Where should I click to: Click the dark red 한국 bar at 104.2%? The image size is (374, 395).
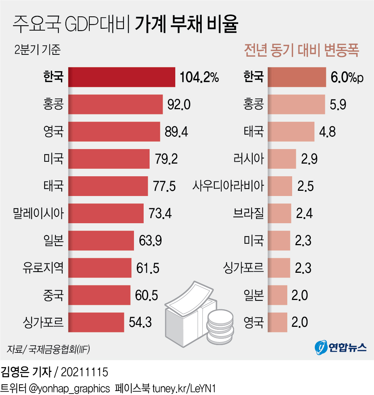tap(122, 77)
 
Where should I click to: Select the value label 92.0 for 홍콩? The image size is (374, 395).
tap(179, 105)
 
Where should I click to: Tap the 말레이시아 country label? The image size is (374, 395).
tap(38, 214)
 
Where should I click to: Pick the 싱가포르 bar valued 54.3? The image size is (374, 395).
tap(96, 322)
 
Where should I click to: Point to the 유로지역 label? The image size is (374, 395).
tap(43, 268)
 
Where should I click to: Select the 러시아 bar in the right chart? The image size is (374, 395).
tap(282, 159)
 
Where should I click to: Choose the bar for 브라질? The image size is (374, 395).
tap(279, 214)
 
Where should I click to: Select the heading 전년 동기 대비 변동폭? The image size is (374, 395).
tap(301, 51)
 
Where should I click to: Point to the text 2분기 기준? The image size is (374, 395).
tap(37, 50)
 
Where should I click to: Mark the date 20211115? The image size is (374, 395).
tap(84, 372)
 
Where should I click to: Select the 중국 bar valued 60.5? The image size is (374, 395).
tap(100, 295)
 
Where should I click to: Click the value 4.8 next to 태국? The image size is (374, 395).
tap(328, 132)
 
